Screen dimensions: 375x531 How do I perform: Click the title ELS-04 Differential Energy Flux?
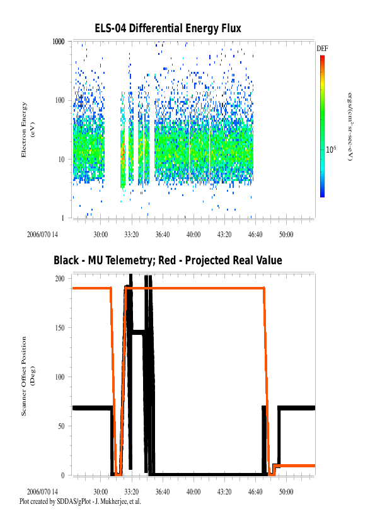168,28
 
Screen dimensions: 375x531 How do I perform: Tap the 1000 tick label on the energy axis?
58,42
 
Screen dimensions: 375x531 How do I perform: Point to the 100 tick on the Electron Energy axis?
60,100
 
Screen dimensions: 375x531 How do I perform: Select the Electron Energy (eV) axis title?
28,130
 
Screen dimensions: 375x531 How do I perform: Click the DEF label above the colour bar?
322,49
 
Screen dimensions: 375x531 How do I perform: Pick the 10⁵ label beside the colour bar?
331,149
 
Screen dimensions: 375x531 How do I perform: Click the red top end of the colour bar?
322,57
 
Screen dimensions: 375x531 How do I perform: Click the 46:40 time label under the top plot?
255,235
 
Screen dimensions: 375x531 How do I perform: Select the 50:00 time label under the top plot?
286,235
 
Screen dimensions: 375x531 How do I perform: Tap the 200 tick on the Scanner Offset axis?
60,278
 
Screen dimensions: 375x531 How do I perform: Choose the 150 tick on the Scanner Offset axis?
60,327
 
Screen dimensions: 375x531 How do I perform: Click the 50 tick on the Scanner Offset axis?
61,426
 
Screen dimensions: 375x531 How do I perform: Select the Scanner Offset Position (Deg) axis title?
28,376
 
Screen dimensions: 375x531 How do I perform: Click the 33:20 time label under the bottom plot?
131,491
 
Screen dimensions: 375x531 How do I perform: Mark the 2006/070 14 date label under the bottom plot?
42,491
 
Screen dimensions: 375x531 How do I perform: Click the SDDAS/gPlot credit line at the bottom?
80,501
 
